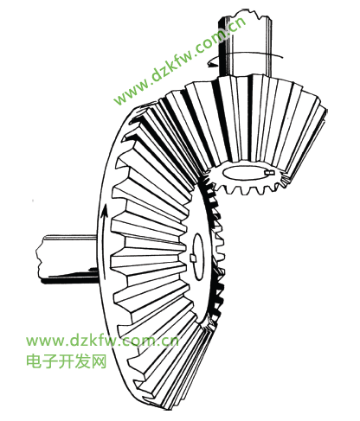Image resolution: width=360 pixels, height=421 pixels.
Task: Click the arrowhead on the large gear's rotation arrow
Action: (x=105, y=210)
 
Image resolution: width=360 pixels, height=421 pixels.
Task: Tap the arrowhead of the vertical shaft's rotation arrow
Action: (x=212, y=64)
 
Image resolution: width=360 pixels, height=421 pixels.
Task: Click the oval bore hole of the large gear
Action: (x=198, y=257)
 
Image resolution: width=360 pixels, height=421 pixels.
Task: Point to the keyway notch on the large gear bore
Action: (x=193, y=258)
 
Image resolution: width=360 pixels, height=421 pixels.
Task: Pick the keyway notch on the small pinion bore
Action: (x=269, y=172)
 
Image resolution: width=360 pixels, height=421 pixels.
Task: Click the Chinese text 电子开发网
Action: (x=67, y=361)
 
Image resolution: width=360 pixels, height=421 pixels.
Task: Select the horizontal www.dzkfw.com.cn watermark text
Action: (x=102, y=341)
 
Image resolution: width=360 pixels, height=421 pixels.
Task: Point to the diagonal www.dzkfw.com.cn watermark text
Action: (x=179, y=61)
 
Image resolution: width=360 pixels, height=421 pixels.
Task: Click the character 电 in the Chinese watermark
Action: (x=34, y=361)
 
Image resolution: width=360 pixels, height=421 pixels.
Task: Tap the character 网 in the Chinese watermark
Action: (x=100, y=361)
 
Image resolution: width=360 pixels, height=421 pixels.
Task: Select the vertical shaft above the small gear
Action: (x=245, y=46)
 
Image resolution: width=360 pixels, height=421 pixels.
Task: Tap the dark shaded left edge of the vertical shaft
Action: (x=222, y=46)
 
